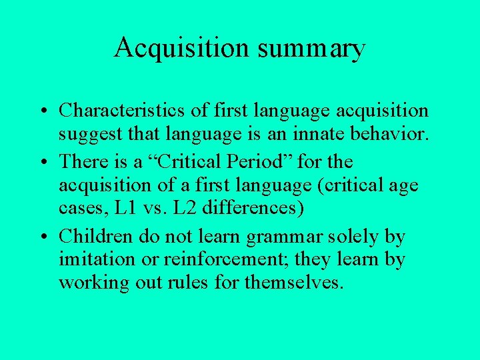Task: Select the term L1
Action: pos(127,207)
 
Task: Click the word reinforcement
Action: pos(241,259)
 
